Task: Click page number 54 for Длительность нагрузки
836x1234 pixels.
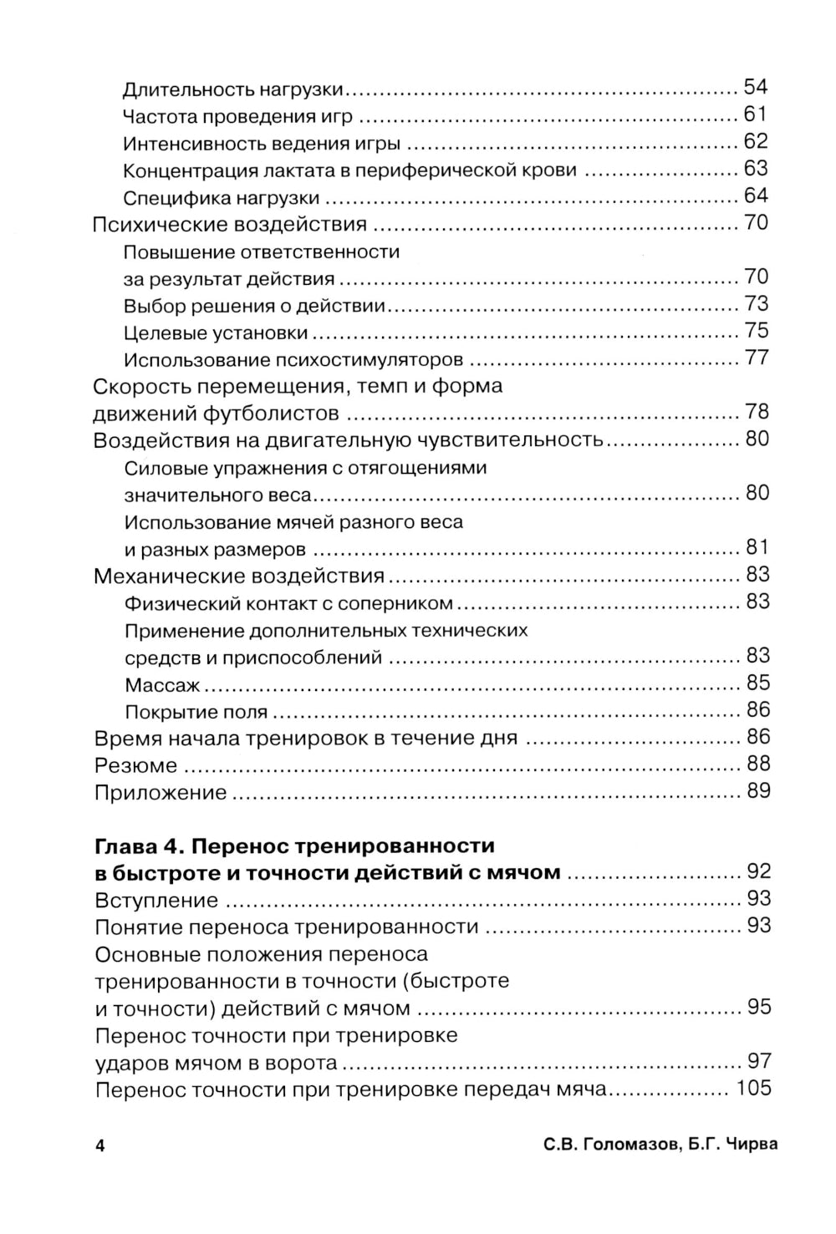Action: click(755, 87)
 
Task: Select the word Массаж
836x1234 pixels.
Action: click(162, 685)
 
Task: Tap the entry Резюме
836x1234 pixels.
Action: click(135, 765)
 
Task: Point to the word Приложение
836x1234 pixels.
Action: click(161, 793)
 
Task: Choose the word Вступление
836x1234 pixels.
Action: click(156, 901)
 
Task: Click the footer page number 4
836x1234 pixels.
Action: click(99, 1145)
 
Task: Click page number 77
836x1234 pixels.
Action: click(756, 358)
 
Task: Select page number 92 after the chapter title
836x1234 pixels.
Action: click(758, 872)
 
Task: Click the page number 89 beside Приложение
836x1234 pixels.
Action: click(758, 791)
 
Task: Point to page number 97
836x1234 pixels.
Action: click(758, 1062)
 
